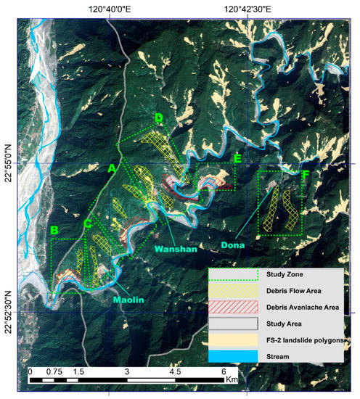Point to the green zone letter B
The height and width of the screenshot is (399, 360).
(54, 231)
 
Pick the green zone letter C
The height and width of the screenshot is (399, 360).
(87, 223)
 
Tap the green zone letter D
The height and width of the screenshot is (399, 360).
(158, 118)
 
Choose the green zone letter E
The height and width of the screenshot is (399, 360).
(237, 158)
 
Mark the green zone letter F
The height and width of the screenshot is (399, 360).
(306, 175)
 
